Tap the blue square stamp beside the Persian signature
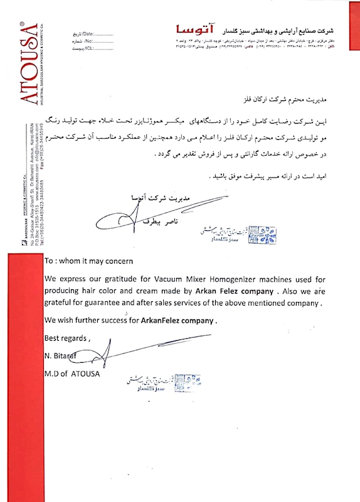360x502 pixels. point(263,233)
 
